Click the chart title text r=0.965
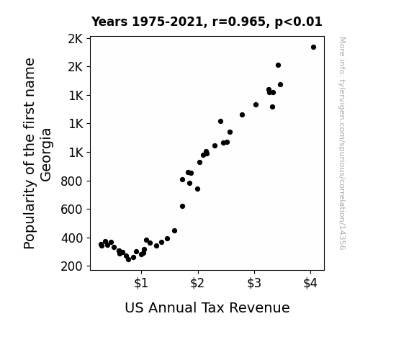[239, 22]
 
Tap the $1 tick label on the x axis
[141, 283]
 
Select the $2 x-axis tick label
[197, 283]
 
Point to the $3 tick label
[254, 283]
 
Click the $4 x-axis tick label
[310, 283]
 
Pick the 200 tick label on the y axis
[71, 266]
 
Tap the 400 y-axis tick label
[72, 238]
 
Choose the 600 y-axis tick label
[71, 210]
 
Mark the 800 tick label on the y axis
[71, 181]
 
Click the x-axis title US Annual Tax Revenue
[207, 307]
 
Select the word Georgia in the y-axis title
[46, 155]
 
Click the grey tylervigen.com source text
[342, 143]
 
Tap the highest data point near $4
[313, 48]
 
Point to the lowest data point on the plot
[129, 260]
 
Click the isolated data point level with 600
[182, 207]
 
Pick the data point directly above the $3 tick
[256, 105]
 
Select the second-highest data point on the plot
[279, 66]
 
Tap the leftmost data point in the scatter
[101, 245]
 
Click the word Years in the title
[109, 22]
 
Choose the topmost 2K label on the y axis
[76, 39]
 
